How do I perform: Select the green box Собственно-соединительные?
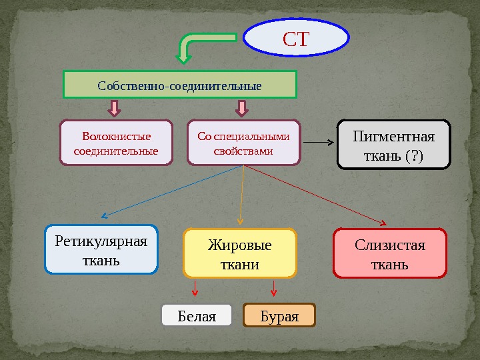tap(179, 85)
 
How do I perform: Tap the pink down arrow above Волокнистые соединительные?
tap(115, 108)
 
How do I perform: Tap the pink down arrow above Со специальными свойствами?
tap(242, 108)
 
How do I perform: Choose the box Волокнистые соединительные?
tap(116, 143)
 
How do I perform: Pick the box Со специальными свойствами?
tap(243, 143)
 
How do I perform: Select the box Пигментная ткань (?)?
tap(395, 144)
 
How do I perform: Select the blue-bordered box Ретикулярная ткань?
tap(101, 249)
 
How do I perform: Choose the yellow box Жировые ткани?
tap(239, 253)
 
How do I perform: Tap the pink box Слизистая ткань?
tap(389, 253)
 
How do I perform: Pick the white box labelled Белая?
tap(197, 316)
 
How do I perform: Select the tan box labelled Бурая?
tap(279, 316)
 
